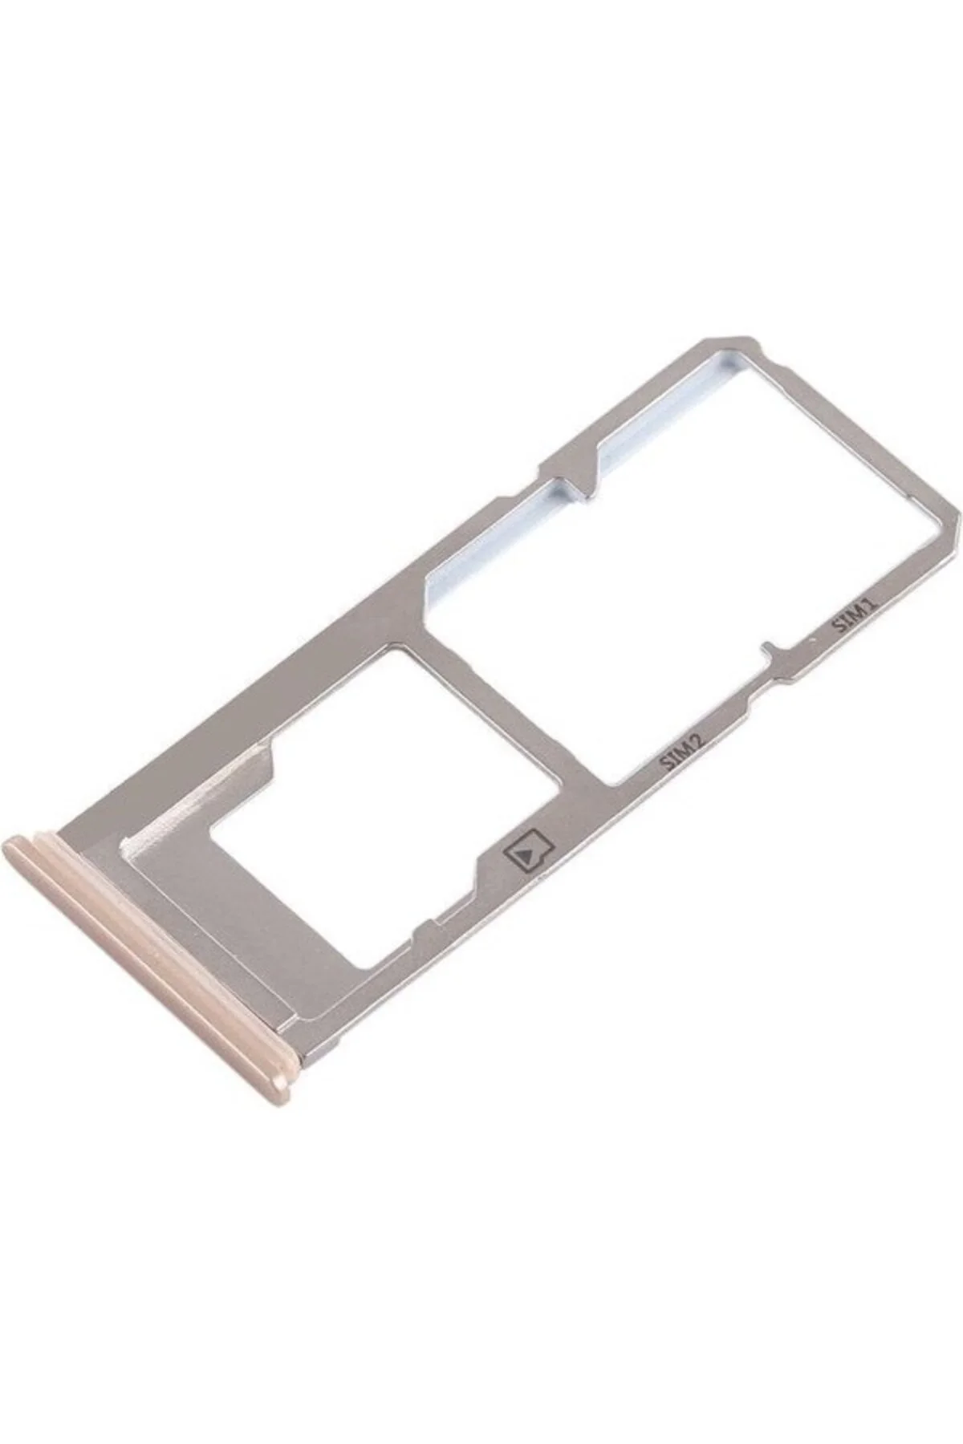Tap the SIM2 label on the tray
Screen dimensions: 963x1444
[x=682, y=752]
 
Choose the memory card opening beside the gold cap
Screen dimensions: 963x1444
[x=377, y=810]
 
